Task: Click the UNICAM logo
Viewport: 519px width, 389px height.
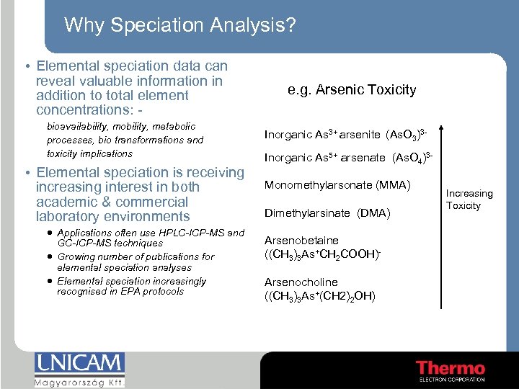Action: click(x=79, y=362)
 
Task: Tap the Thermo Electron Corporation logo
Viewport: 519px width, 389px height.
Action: click(x=451, y=369)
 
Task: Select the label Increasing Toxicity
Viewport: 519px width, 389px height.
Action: click(x=469, y=200)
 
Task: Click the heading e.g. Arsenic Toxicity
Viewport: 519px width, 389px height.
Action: click(x=352, y=90)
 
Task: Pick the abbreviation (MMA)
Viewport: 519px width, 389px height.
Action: click(x=392, y=185)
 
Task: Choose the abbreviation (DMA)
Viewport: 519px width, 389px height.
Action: click(x=373, y=213)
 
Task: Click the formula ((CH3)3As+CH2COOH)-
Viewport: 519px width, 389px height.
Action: click(x=311, y=254)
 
